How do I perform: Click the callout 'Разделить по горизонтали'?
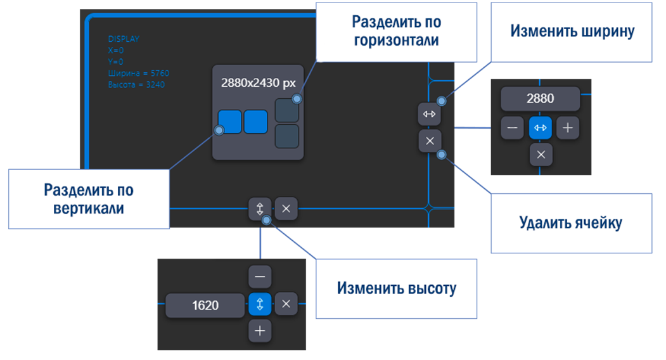click(396, 31)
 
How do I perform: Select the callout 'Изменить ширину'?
click(572, 32)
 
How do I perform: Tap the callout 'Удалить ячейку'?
click(570, 223)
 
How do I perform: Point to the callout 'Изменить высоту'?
click(396, 288)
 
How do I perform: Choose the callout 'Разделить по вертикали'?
click(88, 198)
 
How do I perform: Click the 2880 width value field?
click(540, 99)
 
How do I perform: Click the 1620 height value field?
click(205, 305)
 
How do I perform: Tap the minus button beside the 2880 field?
click(512, 128)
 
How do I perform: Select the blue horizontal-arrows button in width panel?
click(541, 128)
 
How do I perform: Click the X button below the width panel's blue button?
click(541, 154)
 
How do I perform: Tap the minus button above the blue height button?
click(260, 277)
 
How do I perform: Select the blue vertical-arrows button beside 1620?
click(260, 304)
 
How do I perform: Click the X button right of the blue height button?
click(286, 304)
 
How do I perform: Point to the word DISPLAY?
click(124, 39)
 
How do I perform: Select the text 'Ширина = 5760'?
click(138, 73)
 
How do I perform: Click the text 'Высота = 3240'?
click(136, 84)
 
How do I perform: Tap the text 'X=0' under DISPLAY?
click(115, 50)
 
